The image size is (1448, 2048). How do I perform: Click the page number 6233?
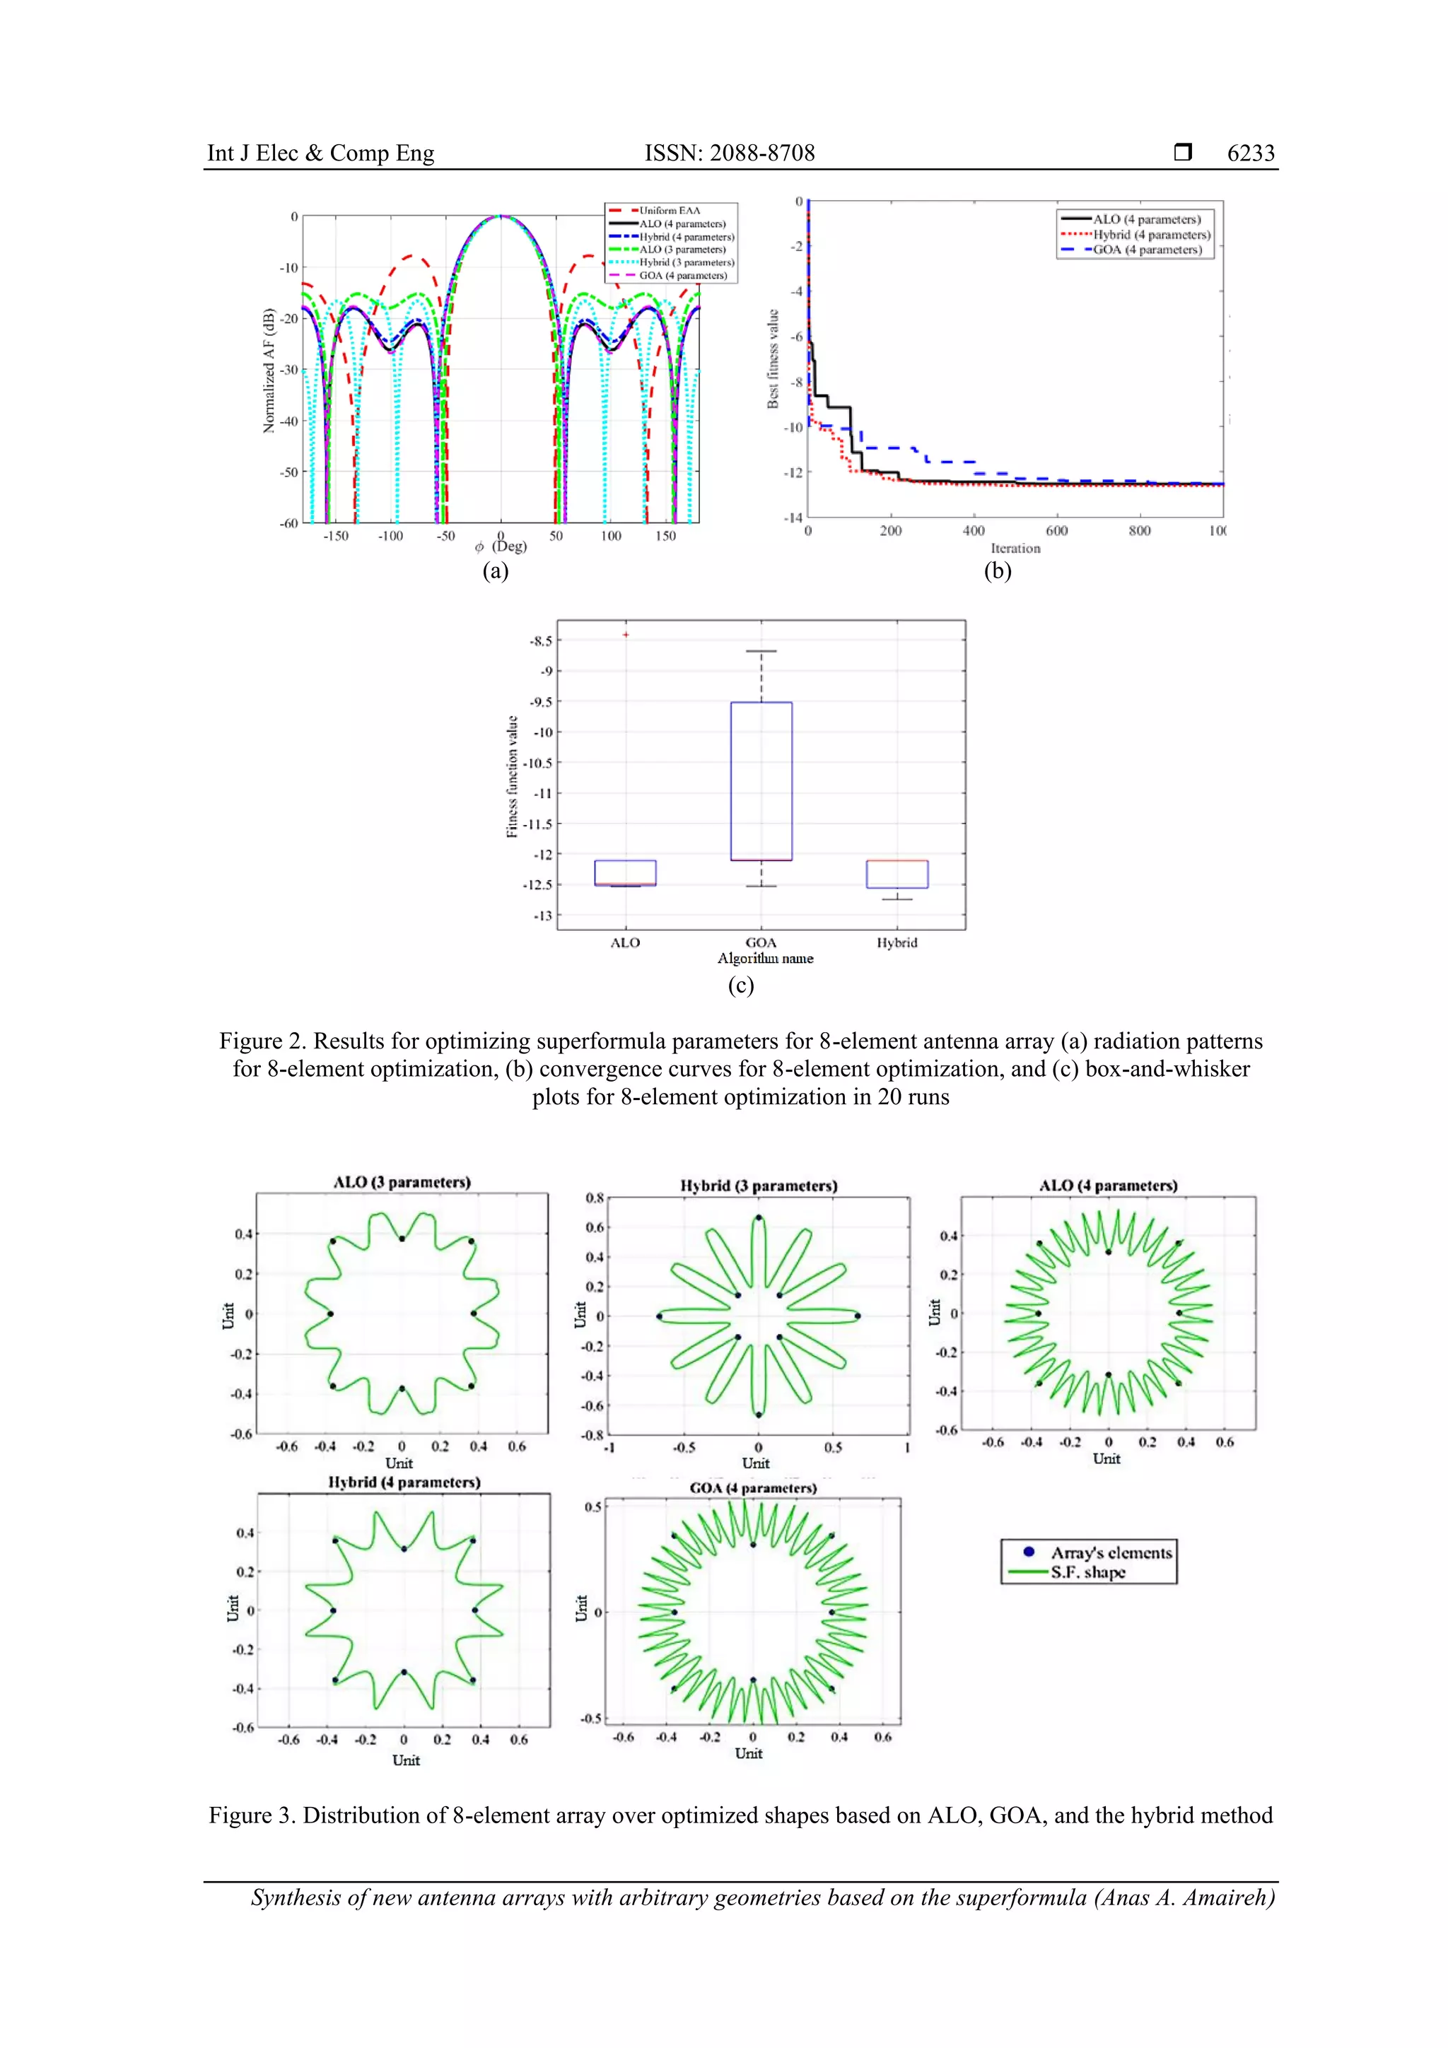[1250, 153]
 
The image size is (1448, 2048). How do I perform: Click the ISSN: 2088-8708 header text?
[729, 153]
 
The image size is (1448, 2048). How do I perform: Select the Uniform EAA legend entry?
[669, 211]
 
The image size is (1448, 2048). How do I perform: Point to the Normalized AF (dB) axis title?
[269, 370]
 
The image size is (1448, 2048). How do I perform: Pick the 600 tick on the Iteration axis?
[1056, 531]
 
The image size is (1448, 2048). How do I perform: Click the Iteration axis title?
[1015, 549]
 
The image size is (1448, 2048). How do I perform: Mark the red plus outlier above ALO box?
[626, 634]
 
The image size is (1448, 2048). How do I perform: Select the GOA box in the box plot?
[761, 780]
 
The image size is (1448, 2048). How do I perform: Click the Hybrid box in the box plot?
[897, 874]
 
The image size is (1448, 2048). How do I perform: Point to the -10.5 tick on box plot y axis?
[538, 763]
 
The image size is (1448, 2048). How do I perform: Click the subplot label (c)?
[740, 985]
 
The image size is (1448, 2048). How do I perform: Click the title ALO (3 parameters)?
[402, 1182]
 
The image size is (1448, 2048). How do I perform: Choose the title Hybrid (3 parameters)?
[759, 1186]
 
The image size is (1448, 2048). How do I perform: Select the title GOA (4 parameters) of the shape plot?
[753, 1488]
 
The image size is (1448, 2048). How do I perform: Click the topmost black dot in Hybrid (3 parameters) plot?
[759, 1217]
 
